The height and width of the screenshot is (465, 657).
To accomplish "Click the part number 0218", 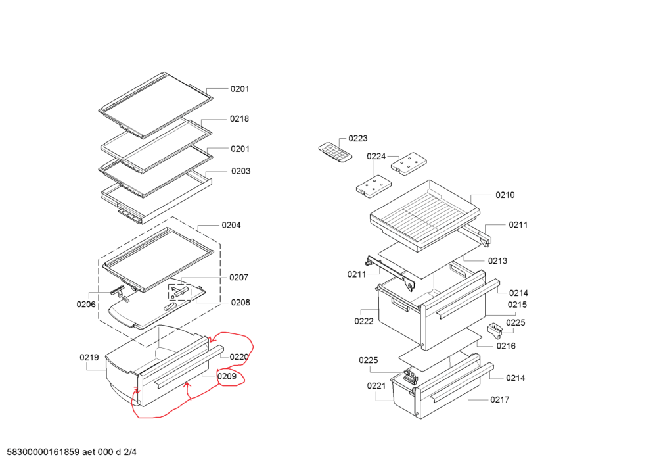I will [x=239, y=119].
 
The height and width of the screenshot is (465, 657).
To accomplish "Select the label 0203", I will [x=240, y=171].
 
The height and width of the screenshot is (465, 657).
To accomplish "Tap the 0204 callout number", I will [x=231, y=225].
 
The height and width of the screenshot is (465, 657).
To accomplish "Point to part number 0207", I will [x=238, y=277].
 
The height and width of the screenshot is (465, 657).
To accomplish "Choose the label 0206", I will [x=86, y=305].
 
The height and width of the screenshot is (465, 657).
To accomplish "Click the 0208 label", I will [x=240, y=303].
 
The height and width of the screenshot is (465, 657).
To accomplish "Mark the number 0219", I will [x=89, y=358].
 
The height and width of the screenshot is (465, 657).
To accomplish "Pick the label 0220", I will [x=238, y=357].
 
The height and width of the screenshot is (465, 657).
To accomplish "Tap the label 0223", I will [x=358, y=138].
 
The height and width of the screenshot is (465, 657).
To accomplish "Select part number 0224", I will [x=376, y=156].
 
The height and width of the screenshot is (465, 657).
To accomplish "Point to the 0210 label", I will [x=505, y=195].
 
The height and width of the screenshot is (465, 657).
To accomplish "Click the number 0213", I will [x=497, y=261].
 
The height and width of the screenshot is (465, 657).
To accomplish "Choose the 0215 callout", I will [x=516, y=305].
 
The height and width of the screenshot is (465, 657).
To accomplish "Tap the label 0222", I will [x=364, y=322].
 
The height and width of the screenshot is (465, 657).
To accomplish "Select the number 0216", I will [x=506, y=346].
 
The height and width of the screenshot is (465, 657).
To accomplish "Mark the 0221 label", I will [x=376, y=386].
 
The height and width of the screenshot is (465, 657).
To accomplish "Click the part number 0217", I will [x=499, y=399].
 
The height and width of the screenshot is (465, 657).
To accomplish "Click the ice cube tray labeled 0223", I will [x=334, y=153].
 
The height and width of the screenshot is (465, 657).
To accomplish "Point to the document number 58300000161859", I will [x=43, y=453].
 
